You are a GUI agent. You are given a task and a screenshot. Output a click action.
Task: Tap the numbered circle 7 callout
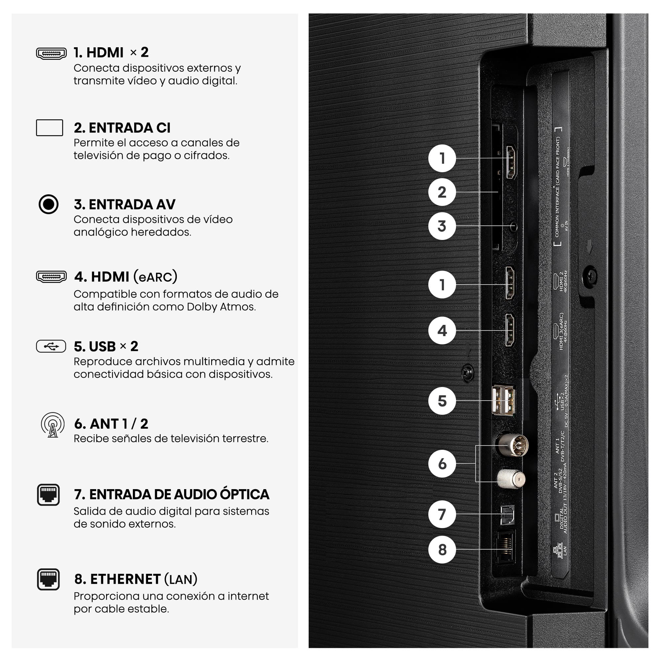(442, 514)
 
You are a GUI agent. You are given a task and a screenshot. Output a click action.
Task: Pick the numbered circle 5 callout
(442, 401)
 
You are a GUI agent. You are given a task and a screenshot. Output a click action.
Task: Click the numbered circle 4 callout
(442, 330)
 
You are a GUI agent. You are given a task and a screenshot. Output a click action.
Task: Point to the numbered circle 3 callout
(442, 226)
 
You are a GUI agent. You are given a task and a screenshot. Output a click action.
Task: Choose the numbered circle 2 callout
(442, 192)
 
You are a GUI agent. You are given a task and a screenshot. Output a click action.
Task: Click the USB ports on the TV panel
(503, 400)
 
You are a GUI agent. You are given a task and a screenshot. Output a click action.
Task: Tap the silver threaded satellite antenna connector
(511, 479)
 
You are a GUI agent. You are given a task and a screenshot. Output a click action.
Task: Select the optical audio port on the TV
(507, 515)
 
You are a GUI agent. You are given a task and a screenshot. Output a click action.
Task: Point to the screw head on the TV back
(590, 276)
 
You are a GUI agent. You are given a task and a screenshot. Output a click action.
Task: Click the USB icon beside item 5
(51, 346)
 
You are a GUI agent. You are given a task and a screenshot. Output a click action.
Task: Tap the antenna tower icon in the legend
(53, 425)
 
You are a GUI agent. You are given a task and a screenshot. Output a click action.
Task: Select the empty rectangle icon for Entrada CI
(49, 128)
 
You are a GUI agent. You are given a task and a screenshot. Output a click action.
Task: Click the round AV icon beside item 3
(49, 204)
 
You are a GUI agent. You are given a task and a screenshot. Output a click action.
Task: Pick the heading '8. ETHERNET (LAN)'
(136, 579)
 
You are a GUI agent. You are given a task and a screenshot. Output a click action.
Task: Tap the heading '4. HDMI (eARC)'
(126, 276)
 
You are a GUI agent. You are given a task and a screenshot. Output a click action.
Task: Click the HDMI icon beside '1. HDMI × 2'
(51, 53)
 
